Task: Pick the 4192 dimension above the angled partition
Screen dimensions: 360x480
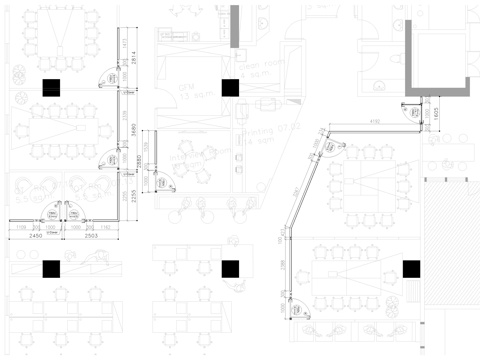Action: pos(375,121)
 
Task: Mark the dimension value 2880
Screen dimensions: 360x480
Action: pos(138,161)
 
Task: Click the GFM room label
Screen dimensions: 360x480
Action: pos(183,88)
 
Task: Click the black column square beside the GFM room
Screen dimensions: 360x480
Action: pos(231,88)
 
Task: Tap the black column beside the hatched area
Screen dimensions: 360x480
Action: pos(410,268)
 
